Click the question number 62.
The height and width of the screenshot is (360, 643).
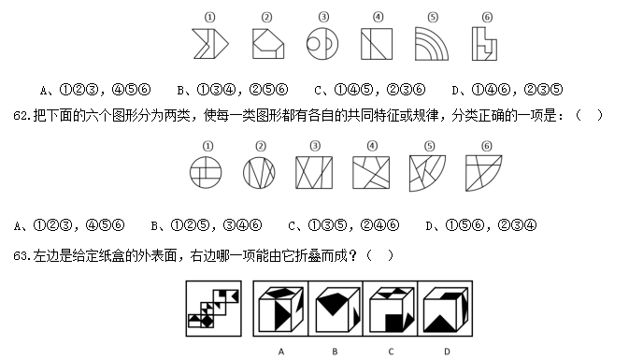click(x=21, y=115)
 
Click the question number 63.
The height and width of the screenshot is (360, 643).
click(x=21, y=255)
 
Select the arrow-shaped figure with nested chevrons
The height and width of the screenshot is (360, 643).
click(x=210, y=44)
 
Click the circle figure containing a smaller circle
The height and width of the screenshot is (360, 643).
click(x=322, y=44)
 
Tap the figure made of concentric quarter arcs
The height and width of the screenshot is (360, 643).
click(x=432, y=44)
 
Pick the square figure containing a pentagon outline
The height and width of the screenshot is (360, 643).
click(x=268, y=44)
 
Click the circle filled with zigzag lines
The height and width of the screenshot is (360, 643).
click(x=259, y=173)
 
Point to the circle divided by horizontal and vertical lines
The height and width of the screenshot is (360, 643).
click(x=206, y=172)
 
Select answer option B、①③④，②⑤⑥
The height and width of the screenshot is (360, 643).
click(x=233, y=90)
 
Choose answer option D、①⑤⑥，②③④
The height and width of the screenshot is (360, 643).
click(x=481, y=225)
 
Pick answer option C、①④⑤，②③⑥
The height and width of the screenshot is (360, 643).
click(x=370, y=90)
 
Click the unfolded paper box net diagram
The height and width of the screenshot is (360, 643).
click(x=214, y=309)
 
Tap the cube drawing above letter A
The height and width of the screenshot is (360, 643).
click(x=281, y=309)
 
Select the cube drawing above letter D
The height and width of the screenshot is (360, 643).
click(x=446, y=309)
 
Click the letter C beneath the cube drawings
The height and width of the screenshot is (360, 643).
click(x=391, y=352)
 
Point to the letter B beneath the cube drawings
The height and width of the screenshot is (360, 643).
click(x=335, y=352)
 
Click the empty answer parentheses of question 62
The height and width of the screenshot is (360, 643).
click(x=589, y=115)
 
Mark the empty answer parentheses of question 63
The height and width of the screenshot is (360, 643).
click(x=379, y=255)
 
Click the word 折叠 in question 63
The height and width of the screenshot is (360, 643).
click(x=307, y=255)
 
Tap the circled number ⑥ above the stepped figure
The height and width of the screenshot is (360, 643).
click(x=487, y=17)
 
